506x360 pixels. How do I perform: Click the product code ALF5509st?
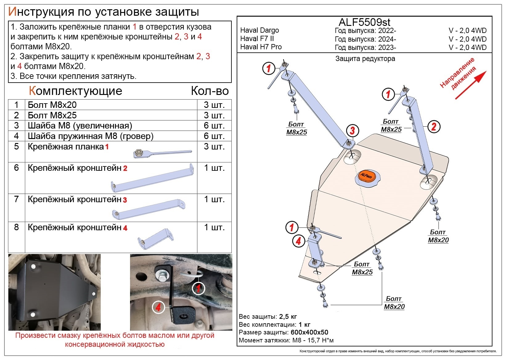click(x=364, y=22)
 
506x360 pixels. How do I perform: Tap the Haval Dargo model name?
click(x=259, y=30)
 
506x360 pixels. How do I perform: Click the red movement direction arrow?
click(x=470, y=85)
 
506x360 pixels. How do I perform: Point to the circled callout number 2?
click(x=434, y=126)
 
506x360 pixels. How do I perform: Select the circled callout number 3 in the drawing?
click(x=352, y=131)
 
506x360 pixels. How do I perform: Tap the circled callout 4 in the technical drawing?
click(x=298, y=241)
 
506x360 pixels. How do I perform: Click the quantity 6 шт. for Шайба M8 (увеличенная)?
click(x=214, y=125)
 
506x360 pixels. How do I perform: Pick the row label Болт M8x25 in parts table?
click(x=52, y=115)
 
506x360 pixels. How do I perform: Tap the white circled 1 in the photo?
click(x=198, y=289)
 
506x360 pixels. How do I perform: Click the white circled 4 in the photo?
click(x=158, y=307)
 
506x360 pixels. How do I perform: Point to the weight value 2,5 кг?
click(x=288, y=317)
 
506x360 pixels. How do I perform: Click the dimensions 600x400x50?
click(x=309, y=333)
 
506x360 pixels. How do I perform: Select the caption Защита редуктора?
click(x=365, y=59)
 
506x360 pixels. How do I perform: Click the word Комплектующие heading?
click(x=75, y=91)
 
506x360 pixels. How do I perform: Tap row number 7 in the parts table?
click(x=16, y=199)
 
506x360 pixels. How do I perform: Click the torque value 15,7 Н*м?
click(x=319, y=341)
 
